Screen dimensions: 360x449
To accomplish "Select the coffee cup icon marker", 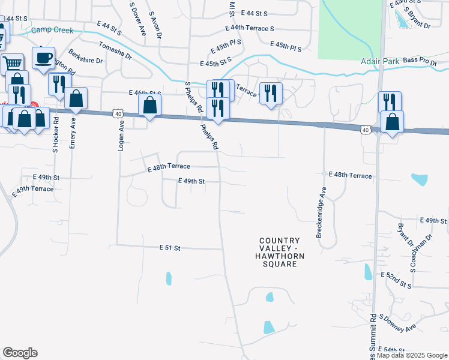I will click(43, 59).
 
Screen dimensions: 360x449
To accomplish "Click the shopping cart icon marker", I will click(12, 63).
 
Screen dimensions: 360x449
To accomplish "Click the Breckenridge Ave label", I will click(321, 211).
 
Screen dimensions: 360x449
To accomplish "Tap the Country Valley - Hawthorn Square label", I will click(279, 252).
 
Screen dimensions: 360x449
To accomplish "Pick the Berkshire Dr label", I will click(85, 57).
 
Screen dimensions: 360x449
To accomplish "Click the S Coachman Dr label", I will click(423, 253).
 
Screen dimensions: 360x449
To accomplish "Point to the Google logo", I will click(20, 353).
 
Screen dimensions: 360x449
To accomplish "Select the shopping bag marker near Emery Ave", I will click(76, 99).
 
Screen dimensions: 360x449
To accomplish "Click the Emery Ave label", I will click(73, 133).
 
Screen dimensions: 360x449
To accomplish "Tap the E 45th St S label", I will click(215, 63).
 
